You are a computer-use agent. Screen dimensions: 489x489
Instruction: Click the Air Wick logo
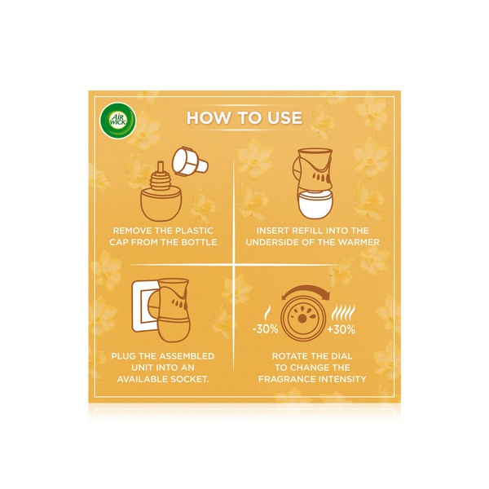pyautogui.click(x=117, y=120)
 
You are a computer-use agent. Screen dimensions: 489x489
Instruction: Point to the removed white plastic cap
pyautogui.click(x=190, y=162)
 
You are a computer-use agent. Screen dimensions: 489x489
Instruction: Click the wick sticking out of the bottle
pyautogui.click(x=161, y=167)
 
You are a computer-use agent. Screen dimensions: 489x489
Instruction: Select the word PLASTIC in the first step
pyautogui.click(x=194, y=231)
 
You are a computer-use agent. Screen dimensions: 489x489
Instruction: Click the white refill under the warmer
pyautogui.click(x=315, y=205)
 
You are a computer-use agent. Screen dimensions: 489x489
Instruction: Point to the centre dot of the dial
pyautogui.click(x=302, y=319)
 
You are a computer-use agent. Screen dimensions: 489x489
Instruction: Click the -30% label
pyautogui.click(x=265, y=329)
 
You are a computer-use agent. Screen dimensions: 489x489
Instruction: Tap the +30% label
pyautogui.click(x=341, y=329)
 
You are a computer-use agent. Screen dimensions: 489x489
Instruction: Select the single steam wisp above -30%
pyautogui.click(x=267, y=314)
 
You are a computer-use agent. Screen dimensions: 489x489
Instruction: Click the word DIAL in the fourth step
pyautogui.click(x=341, y=356)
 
